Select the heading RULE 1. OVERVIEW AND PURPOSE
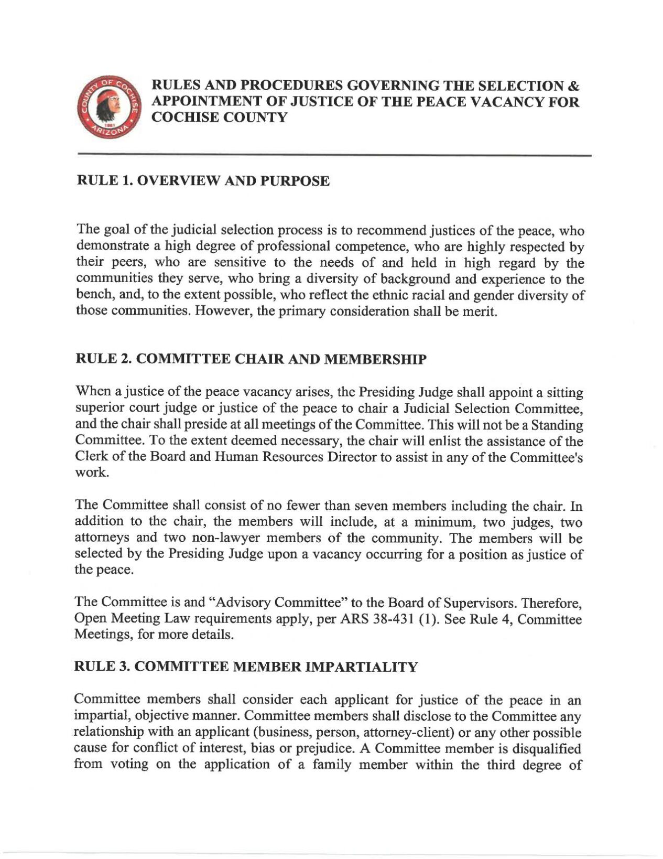tap(203, 181)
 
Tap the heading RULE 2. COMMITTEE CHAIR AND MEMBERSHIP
tap(252, 359)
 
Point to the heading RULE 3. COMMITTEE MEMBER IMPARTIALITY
tap(247, 667)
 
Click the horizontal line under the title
tap(334, 156)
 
